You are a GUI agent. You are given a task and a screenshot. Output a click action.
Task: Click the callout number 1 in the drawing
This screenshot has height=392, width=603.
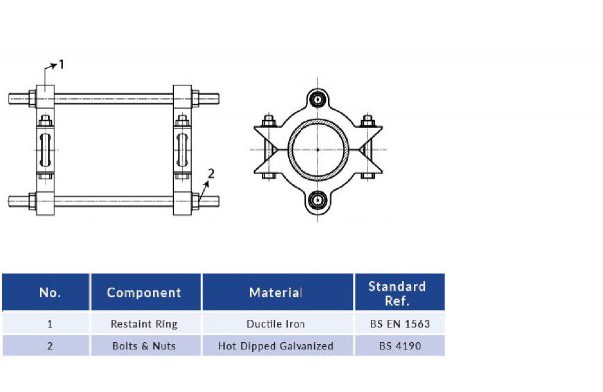[61, 64]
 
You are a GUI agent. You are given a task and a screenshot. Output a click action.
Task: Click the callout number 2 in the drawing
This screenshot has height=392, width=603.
[210, 173]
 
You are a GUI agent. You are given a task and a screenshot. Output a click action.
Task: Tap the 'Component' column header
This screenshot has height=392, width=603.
[144, 293]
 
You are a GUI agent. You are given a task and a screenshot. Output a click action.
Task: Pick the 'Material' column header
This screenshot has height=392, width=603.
[276, 293]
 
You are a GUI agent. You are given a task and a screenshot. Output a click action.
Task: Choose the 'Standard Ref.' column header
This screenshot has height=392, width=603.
[396, 293]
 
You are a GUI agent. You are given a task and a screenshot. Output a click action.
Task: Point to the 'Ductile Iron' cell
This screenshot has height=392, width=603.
[276, 324]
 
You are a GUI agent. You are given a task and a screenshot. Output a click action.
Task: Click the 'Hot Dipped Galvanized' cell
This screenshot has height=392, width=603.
[276, 346]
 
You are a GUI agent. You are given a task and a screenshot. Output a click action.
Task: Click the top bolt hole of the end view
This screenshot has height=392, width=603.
[317, 99]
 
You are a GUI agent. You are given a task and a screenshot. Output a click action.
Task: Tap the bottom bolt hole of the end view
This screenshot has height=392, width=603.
[317, 199]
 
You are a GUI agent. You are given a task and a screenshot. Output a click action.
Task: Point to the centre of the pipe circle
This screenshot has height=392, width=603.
[317, 149]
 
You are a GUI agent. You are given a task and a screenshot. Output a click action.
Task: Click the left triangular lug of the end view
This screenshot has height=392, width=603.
[267, 149]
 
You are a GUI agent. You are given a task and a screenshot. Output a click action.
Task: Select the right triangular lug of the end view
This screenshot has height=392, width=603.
[368, 149]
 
